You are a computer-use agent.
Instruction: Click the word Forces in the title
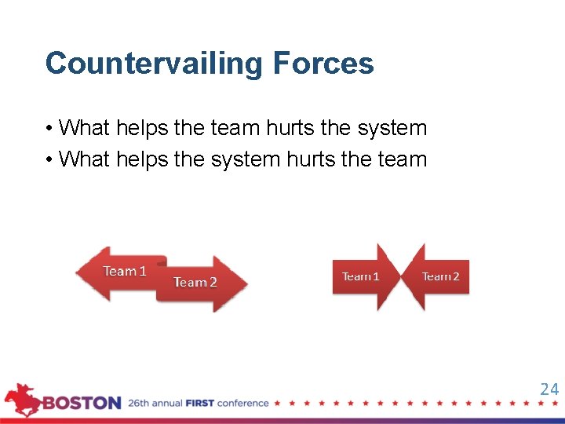tap(323, 63)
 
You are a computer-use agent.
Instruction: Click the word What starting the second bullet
tap(84, 159)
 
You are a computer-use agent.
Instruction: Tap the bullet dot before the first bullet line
tap(49, 129)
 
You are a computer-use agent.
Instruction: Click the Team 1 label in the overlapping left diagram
tap(125, 271)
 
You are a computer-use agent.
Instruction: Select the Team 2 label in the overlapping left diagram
tap(195, 282)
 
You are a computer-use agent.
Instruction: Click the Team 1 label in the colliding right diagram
tap(360, 276)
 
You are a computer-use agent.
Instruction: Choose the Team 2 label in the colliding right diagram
tap(440, 276)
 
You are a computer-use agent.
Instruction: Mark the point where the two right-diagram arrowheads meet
tap(401, 276)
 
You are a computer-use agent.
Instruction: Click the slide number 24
tap(549, 389)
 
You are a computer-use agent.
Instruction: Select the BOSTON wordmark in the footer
tap(82, 404)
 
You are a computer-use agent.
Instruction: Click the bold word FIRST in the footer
tap(200, 404)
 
